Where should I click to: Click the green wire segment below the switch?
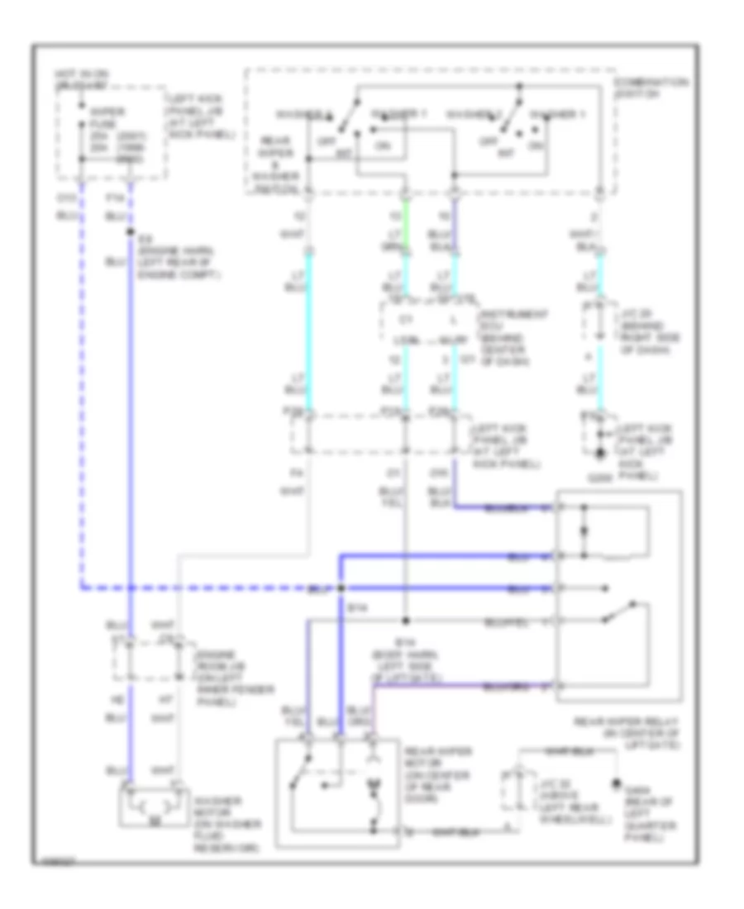(405, 227)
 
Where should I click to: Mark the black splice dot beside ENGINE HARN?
(131, 233)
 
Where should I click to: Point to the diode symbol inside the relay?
(585, 534)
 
